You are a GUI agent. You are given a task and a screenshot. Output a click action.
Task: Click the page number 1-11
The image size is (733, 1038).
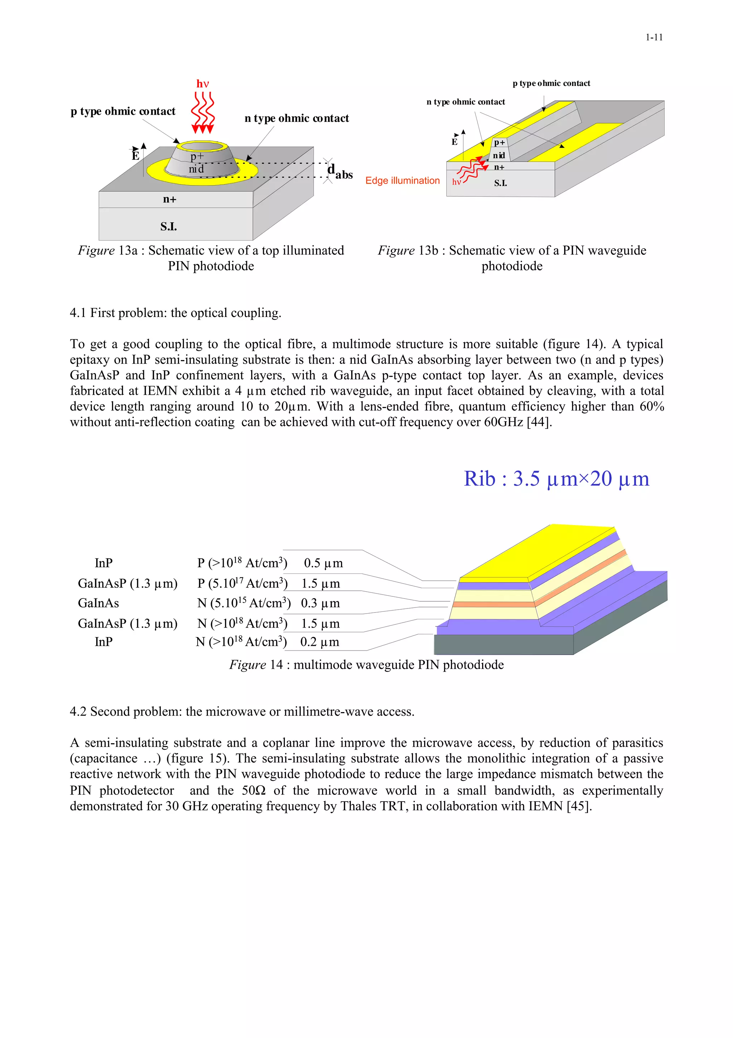click(x=654, y=38)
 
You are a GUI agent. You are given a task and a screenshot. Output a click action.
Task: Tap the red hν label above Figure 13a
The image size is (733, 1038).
click(x=202, y=84)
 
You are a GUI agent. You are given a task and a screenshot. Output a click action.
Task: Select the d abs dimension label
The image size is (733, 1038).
click(x=340, y=172)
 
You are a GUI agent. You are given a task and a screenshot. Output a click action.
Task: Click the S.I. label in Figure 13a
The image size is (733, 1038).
click(x=169, y=226)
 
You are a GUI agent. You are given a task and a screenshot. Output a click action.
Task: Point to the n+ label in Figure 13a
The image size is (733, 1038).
click(x=169, y=199)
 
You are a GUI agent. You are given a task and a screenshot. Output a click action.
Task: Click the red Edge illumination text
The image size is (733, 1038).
click(x=402, y=181)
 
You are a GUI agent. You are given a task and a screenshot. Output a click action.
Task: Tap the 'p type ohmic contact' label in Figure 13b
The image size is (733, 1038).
click(x=551, y=83)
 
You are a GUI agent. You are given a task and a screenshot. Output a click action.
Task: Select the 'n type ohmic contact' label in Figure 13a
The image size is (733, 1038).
click(x=297, y=119)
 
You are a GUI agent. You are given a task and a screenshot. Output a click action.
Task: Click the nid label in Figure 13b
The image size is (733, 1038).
click(x=499, y=155)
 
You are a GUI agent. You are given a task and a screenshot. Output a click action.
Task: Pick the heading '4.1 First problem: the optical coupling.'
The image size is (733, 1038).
click(x=175, y=313)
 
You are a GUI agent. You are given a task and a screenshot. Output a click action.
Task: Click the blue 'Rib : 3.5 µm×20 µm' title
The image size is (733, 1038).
click(x=557, y=479)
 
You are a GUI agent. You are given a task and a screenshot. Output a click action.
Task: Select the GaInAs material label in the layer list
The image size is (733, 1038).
click(x=98, y=603)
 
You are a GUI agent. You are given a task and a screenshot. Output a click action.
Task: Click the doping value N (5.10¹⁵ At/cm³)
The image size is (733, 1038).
click(x=244, y=603)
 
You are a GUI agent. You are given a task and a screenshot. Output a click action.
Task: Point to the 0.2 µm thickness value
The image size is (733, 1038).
click(x=320, y=642)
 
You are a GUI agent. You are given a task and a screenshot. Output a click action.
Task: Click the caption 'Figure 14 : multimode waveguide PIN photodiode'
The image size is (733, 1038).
click(x=366, y=664)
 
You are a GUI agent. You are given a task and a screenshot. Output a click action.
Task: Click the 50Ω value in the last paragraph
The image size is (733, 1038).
click(x=253, y=791)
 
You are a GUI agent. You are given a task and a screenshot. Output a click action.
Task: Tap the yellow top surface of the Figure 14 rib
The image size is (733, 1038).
click(x=538, y=554)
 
